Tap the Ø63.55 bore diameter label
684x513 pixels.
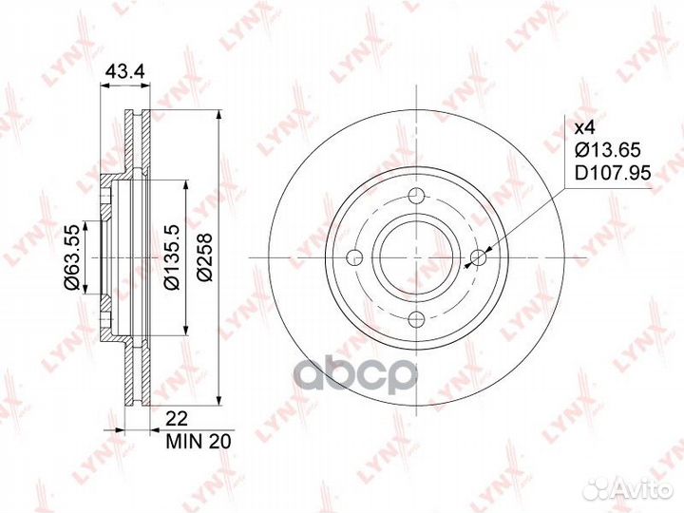(x=71, y=257)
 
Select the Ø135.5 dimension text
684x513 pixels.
(x=171, y=257)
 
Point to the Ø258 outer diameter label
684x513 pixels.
(x=204, y=257)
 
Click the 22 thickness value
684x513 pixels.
(x=177, y=419)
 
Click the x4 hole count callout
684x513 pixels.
(x=584, y=128)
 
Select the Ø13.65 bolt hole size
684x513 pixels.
(x=608, y=150)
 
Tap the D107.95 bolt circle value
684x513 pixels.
(x=613, y=173)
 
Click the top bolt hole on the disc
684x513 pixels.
(x=417, y=195)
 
